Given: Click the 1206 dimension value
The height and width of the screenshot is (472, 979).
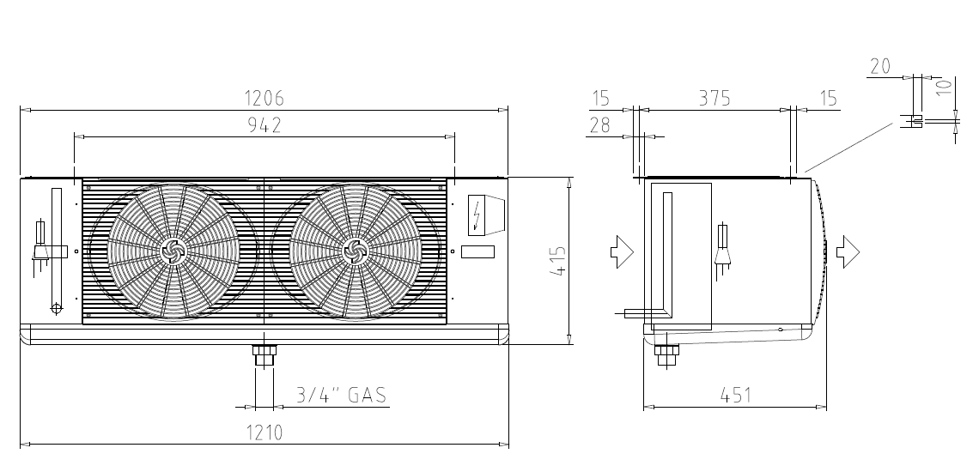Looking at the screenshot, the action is tap(264, 98).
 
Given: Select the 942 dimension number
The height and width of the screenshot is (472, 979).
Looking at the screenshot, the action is tap(265, 125).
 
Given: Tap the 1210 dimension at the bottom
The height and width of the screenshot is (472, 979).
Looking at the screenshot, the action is tap(264, 432).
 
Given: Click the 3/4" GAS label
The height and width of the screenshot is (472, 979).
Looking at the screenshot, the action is tap(341, 395).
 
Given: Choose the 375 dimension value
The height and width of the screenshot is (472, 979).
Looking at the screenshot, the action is tap(714, 98).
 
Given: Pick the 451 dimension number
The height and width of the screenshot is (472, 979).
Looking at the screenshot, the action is tap(735, 396).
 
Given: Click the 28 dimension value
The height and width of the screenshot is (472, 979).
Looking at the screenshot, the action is tap(599, 125).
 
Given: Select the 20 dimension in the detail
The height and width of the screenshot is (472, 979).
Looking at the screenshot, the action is tap(879, 65).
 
